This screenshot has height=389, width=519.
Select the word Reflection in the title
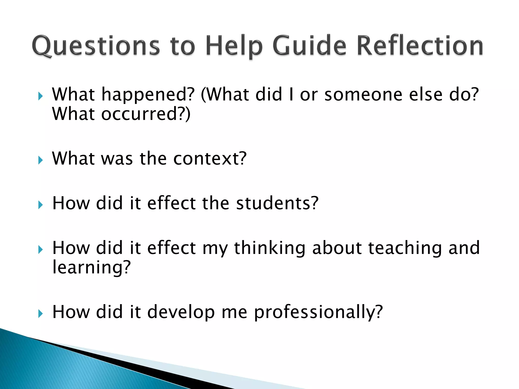(x=420, y=46)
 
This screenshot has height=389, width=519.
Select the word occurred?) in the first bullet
(x=146, y=114)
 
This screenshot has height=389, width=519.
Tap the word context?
(x=210, y=159)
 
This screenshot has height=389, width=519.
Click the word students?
(x=277, y=203)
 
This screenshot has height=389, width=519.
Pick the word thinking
(x=270, y=248)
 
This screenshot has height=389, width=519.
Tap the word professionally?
(x=318, y=312)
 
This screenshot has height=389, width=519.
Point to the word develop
(x=181, y=312)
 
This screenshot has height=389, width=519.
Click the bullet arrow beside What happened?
(x=40, y=96)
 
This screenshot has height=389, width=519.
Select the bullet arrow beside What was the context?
(x=40, y=160)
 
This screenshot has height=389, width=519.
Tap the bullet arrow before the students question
(x=40, y=205)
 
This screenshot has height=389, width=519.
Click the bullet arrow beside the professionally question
(x=40, y=314)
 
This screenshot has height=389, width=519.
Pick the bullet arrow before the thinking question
(x=40, y=250)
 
